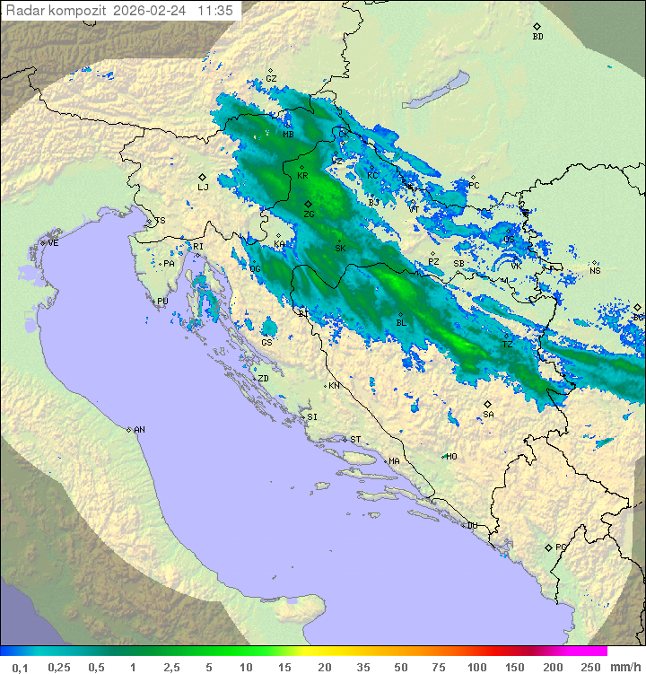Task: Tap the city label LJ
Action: pos(203,187)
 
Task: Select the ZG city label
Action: pos(309,214)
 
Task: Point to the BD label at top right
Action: pos(537,37)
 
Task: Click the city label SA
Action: pos(488,415)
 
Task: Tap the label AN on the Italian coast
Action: pos(139,430)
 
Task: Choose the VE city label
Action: pos(53,243)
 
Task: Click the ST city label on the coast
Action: pos(355,440)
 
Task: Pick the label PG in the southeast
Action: pos(561,547)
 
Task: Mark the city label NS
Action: pos(595,270)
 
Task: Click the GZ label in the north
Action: pos(271,79)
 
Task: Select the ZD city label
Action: pos(263,379)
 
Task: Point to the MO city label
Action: pos(451,457)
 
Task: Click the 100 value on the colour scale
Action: pos(476,667)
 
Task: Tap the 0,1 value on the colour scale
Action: pos(20,667)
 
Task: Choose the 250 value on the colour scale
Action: pos(589,667)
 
